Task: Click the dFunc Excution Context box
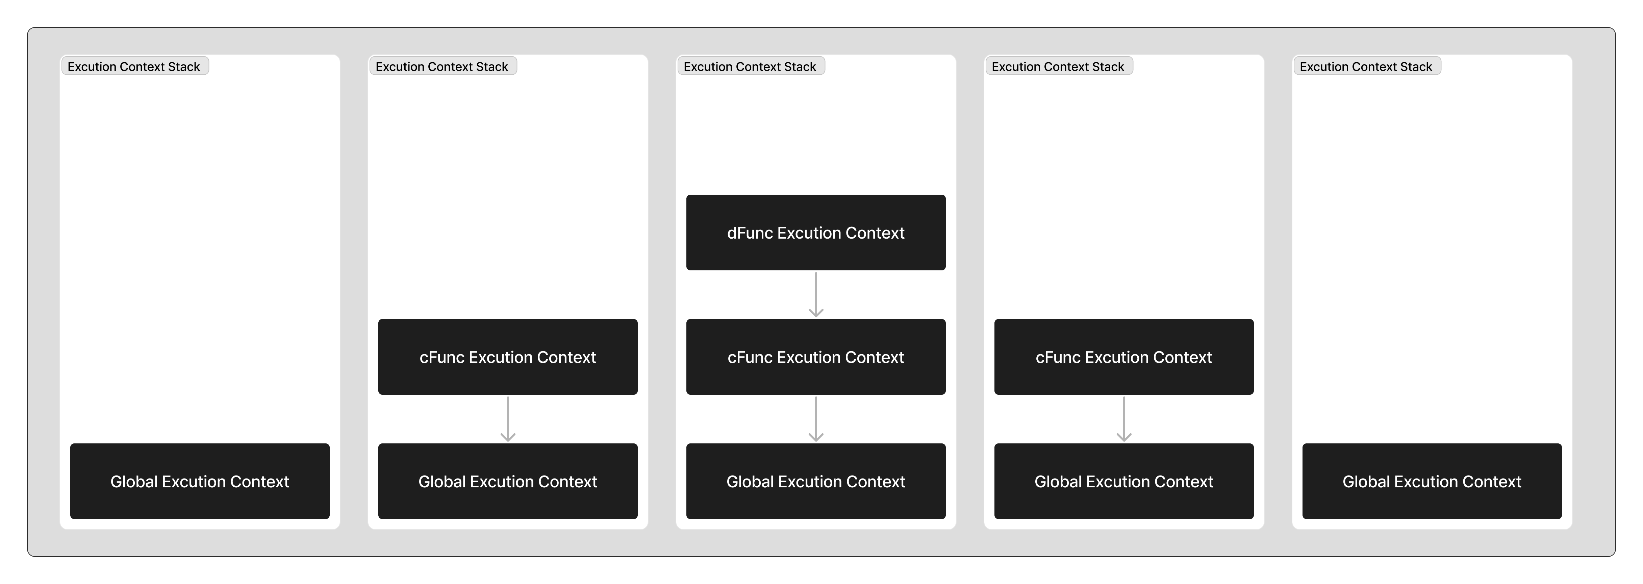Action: [816, 232]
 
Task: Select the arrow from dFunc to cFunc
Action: [816, 294]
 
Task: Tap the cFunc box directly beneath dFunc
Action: [816, 357]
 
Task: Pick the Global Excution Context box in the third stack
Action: [816, 481]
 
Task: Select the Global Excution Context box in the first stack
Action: [200, 481]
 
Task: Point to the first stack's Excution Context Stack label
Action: [134, 66]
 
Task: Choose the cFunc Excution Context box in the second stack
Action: [508, 357]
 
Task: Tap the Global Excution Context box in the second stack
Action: [508, 481]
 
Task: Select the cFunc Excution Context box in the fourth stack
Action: [1124, 357]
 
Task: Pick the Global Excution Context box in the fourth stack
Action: [1124, 481]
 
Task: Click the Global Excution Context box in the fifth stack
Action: [1432, 481]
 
